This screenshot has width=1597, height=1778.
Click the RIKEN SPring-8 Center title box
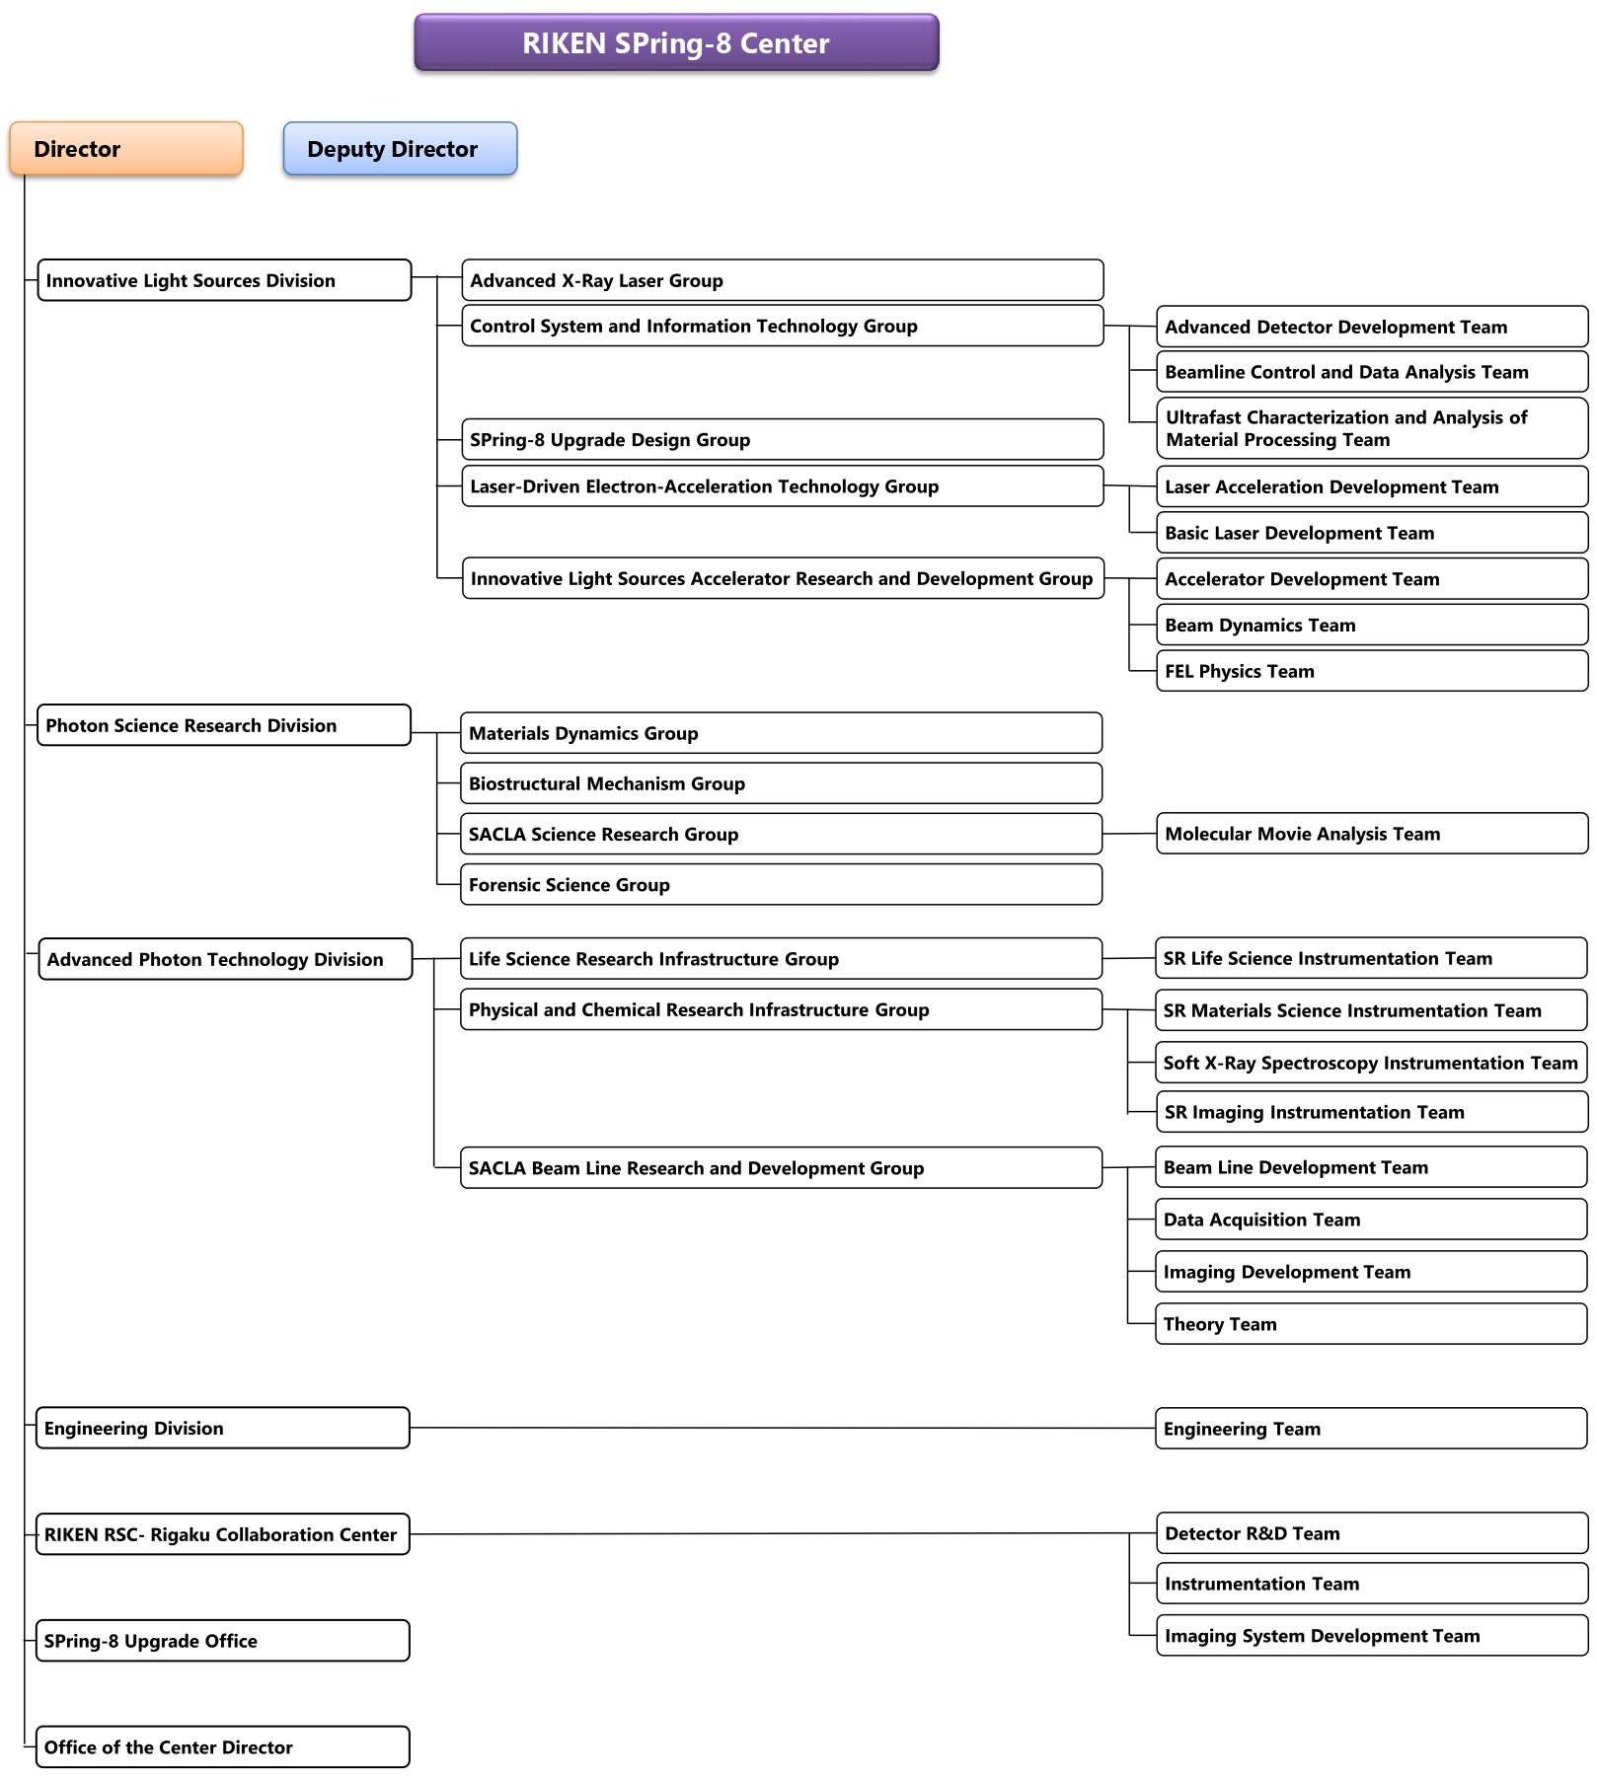(x=676, y=43)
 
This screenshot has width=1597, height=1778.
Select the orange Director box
(x=126, y=149)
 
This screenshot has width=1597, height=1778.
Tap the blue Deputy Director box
(x=400, y=149)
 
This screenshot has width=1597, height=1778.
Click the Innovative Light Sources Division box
(x=224, y=280)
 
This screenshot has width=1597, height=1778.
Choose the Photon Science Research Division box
(x=224, y=725)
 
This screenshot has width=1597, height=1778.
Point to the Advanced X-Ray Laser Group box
(x=782, y=280)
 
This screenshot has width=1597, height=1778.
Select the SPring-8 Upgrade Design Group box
(x=782, y=439)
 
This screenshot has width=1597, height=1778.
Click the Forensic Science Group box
(x=781, y=885)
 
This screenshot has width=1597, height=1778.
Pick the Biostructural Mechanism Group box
(x=781, y=783)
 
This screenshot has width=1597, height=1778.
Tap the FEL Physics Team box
(x=1372, y=671)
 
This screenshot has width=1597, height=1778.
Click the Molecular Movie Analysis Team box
(x=1372, y=834)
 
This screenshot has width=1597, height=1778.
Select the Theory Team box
(x=1371, y=1324)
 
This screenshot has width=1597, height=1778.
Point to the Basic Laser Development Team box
(x=1372, y=533)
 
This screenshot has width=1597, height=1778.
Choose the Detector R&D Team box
(x=1372, y=1533)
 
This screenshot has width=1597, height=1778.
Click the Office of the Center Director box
(x=223, y=1747)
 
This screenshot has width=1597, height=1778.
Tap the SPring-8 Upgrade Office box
(x=223, y=1641)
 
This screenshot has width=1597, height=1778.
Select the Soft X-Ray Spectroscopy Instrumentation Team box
(x=1372, y=1063)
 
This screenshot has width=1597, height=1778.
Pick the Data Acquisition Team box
(x=1371, y=1220)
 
